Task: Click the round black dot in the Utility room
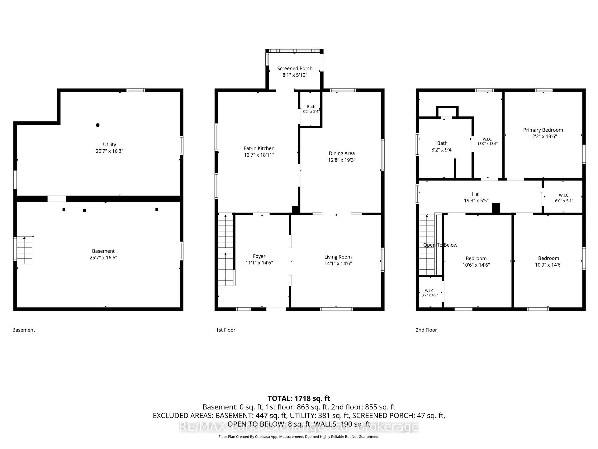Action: point(97,125)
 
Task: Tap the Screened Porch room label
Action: point(295,68)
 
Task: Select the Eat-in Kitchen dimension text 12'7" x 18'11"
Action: point(259,155)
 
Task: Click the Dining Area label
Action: point(342,153)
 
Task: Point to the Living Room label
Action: point(338,257)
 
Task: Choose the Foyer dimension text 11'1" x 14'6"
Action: point(259,263)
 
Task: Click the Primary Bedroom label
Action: point(543,130)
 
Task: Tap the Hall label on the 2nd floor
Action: point(476,194)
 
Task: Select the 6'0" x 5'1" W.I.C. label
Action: point(564,198)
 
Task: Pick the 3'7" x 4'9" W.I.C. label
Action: point(430,293)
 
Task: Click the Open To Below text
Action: point(440,245)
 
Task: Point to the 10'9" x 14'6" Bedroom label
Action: point(548,262)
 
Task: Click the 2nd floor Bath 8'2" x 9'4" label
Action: point(442,147)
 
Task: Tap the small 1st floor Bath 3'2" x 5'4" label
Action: point(311,109)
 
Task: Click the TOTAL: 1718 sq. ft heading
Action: point(299,398)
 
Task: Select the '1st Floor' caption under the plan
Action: point(226,330)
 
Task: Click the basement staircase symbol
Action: point(25,250)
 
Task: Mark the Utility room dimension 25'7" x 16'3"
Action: point(109,151)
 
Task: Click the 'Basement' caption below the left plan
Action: point(24,330)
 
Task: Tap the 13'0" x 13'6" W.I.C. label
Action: point(487,142)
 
